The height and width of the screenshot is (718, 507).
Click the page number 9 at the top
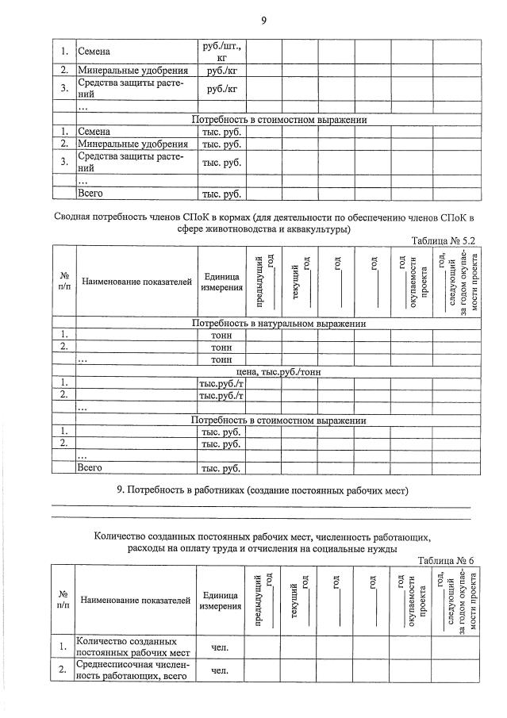[x=263, y=20]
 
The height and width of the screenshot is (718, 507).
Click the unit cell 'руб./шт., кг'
[x=221, y=52]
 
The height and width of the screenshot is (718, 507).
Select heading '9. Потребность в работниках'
[x=263, y=491]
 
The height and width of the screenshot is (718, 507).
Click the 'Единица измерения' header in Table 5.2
[x=221, y=282]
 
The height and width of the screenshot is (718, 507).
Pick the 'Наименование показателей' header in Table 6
[x=136, y=601]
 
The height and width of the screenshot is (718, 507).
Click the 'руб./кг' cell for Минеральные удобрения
[x=221, y=71]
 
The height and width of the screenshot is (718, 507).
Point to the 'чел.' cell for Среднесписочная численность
[x=221, y=670]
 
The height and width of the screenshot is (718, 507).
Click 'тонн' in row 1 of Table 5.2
[x=221, y=335]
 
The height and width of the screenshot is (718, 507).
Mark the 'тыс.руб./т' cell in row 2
[x=221, y=395]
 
